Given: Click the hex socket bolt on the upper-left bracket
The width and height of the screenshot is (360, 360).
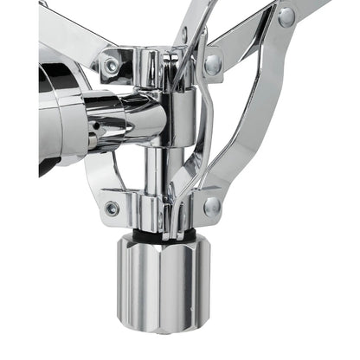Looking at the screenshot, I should [x=112, y=65].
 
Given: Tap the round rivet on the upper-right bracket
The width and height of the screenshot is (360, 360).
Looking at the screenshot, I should [x=213, y=61].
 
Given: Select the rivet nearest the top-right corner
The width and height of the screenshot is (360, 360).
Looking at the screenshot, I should [x=286, y=16].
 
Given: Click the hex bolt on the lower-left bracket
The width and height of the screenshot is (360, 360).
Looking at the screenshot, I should [x=112, y=209].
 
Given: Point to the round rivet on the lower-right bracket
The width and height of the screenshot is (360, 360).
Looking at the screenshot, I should [x=212, y=206].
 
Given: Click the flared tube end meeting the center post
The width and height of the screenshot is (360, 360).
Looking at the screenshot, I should [x=138, y=112].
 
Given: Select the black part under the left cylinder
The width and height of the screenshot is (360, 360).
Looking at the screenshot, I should [x=48, y=164].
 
